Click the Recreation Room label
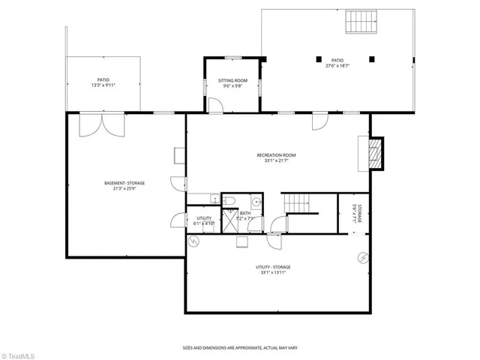coord(276,155)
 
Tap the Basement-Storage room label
coord(124,183)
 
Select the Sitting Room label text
coord(232,80)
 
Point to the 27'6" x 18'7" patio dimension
coord(337,66)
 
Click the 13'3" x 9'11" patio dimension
coord(103,85)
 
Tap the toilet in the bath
coord(230,199)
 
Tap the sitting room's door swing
coord(217,105)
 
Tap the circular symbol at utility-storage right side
coord(363,257)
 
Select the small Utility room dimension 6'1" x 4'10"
coord(203,223)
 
